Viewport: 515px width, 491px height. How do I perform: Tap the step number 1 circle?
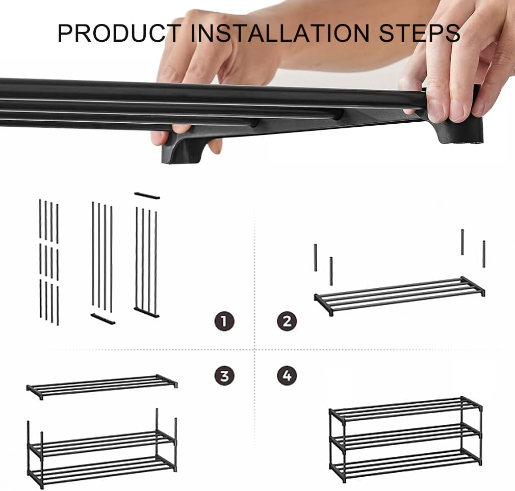point(224,321)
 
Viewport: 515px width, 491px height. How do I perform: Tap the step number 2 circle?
point(287,321)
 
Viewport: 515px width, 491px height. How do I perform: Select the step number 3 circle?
point(224,376)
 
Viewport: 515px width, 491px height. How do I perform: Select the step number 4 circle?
point(287,376)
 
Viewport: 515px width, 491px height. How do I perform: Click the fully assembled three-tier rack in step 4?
point(405,438)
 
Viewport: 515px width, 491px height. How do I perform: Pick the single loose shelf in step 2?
point(399,295)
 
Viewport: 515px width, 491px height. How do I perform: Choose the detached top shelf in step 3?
point(101,386)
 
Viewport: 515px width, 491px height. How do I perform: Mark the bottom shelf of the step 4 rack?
point(405,465)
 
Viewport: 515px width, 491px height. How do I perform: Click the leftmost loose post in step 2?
point(316,257)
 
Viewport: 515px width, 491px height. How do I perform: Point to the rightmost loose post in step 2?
point(484,254)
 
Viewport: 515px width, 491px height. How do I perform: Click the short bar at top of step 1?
point(147,196)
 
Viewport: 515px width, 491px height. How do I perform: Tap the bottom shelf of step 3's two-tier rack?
point(101,468)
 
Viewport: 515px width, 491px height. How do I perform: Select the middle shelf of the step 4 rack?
point(405,437)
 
